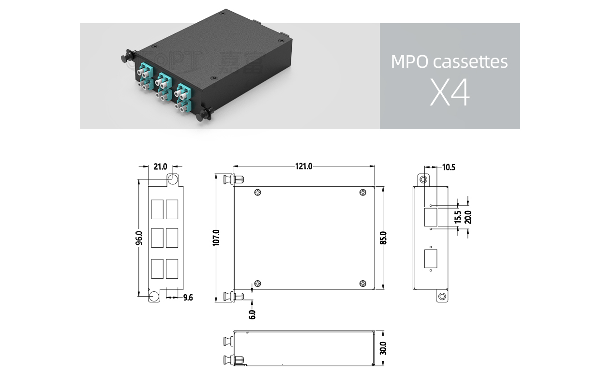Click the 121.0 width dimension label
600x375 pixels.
coord(303,166)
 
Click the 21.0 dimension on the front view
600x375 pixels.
coord(160,167)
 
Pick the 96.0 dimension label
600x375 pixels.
coord(139,238)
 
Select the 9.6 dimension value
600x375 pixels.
coord(188,298)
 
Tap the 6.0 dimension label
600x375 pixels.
coord(252,314)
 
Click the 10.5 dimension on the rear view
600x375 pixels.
coord(449,167)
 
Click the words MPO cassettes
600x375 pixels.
coord(450,62)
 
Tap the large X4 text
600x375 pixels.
coord(450,94)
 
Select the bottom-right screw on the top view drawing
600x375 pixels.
coord(363,284)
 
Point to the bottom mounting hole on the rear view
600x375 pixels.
coord(441,296)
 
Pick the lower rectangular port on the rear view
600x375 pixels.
coord(428,259)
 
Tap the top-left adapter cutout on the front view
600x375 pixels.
coord(157,210)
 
